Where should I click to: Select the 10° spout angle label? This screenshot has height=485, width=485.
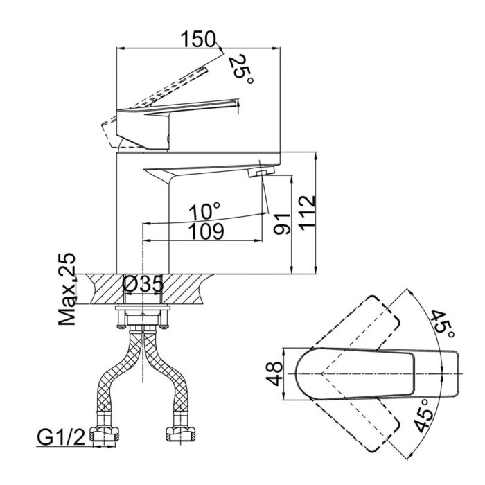click(206, 209)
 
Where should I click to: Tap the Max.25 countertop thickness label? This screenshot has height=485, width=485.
click(67, 290)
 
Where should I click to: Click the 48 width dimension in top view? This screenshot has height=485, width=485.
click(274, 374)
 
